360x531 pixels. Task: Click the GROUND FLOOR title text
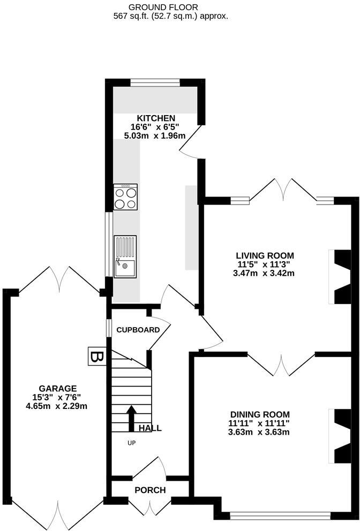(156, 7)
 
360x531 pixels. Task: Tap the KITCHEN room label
(156, 118)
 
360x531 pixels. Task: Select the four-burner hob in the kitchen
(125, 197)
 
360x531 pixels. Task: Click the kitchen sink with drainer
(125, 256)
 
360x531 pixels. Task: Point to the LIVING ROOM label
(266, 255)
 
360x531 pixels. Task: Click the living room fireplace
(341, 277)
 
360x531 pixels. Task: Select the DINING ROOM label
(260, 414)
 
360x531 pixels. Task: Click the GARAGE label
(57, 388)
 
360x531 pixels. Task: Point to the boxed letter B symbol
(97, 356)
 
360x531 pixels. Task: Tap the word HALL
(150, 428)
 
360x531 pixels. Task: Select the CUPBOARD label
(138, 330)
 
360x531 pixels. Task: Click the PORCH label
(150, 490)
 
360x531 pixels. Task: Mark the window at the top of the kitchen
(155, 82)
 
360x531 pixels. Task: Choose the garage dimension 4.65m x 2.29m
(57, 406)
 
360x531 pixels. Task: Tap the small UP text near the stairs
(131, 443)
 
